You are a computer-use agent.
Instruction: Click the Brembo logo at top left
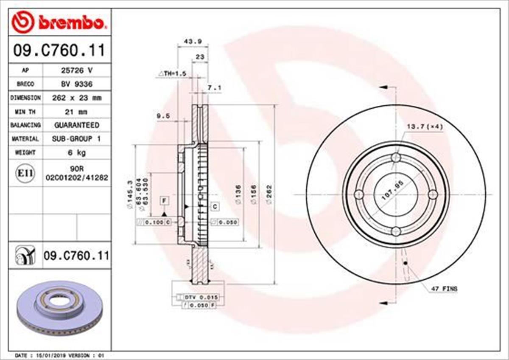(x=57, y=22)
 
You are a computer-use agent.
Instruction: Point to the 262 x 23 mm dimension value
(x=76, y=98)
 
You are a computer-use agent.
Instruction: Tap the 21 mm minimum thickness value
(x=76, y=112)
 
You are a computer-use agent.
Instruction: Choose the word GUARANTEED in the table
(x=76, y=125)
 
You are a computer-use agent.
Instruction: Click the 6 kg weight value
(x=76, y=152)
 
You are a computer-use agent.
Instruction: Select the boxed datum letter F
(x=164, y=200)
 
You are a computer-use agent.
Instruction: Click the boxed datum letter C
(x=215, y=207)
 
